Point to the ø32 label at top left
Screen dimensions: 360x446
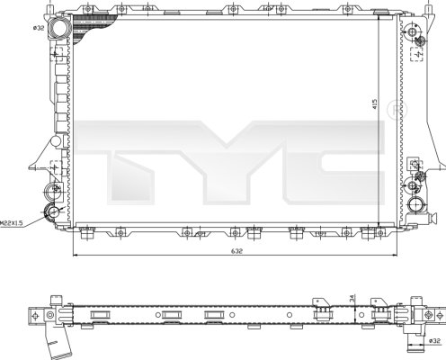[x=39, y=27]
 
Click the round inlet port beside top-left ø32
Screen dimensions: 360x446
[x=61, y=29]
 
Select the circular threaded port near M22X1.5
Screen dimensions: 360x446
[x=53, y=213]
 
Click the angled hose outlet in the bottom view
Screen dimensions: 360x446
[x=56, y=343]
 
